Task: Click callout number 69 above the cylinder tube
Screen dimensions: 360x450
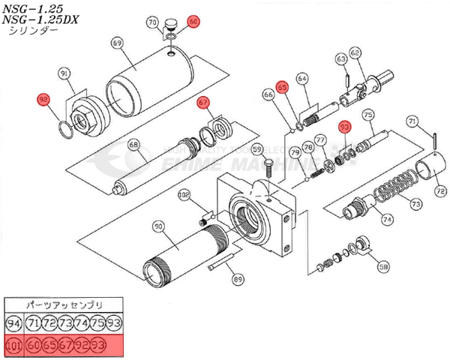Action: (116, 43)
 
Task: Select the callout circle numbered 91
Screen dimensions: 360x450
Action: (64, 73)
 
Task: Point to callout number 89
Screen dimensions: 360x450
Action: (238, 279)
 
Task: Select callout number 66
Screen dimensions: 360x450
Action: (268, 95)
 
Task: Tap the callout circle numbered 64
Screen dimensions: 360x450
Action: (302, 78)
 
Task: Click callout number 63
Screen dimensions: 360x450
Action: (341, 58)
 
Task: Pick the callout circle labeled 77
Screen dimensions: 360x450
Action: (319, 139)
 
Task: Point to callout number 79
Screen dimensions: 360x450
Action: (295, 153)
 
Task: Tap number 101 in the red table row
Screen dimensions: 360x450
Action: (13, 345)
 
